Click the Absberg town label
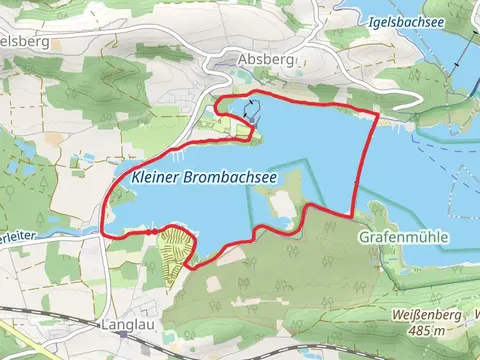(x=266, y=59)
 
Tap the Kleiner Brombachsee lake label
(x=203, y=176)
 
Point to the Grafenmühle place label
(x=403, y=237)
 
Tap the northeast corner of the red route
(x=376, y=115)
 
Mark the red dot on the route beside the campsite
(x=152, y=230)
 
